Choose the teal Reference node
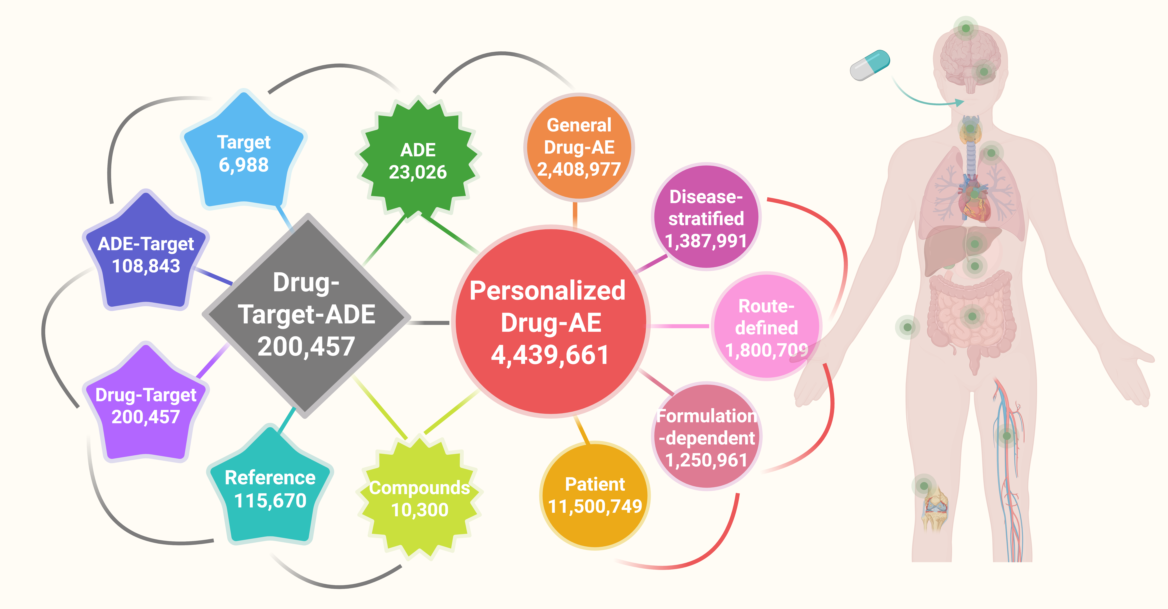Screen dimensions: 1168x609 (x=270, y=489)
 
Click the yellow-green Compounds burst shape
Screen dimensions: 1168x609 (x=419, y=498)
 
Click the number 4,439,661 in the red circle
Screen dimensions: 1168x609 (x=550, y=355)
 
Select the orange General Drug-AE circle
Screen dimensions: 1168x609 (x=579, y=147)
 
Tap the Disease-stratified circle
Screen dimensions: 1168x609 (x=706, y=218)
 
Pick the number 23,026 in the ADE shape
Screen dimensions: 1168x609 (x=418, y=172)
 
